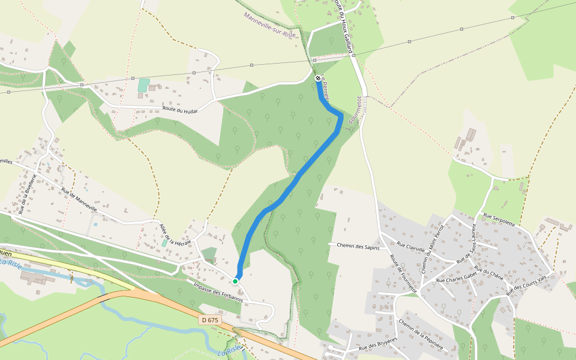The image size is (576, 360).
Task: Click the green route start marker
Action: point(236,281)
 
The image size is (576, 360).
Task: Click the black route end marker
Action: point(317,78)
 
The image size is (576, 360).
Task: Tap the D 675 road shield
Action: point(210,320)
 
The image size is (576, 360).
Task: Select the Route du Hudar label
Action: point(180,110)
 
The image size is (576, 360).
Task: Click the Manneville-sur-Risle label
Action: point(270,25)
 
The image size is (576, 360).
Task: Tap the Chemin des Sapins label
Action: point(358,245)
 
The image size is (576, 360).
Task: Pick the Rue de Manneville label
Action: point(79,199)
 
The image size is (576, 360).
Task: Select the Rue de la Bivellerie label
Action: point(28,194)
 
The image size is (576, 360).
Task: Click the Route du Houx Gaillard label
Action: point(343,27)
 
